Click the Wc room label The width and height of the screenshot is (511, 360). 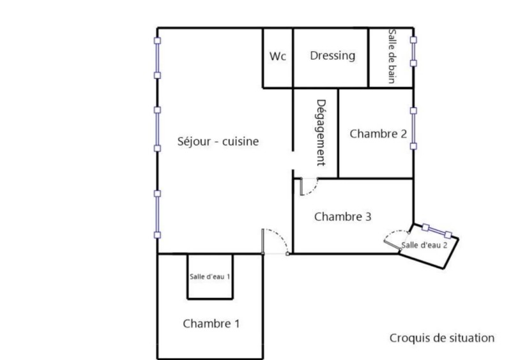tap(278, 56)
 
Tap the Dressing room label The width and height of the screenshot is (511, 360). tap(332, 56)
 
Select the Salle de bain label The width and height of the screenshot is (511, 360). tap(392, 56)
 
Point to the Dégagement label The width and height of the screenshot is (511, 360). tap(321, 133)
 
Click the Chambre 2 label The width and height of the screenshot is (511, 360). tap(378, 133)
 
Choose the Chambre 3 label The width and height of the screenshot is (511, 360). tap(342, 216)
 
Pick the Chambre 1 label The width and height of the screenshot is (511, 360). tap(211, 324)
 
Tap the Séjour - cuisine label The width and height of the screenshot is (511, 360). tap(218, 142)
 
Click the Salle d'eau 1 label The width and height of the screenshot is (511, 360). tap(210, 276)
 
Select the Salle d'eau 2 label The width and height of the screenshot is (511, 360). tap(424, 245)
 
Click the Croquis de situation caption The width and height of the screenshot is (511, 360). tap(442, 338)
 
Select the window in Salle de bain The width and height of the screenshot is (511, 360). tap(413, 52)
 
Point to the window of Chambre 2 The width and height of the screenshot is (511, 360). tap(413, 128)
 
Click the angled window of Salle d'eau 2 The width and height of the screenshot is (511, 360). tap(437, 231)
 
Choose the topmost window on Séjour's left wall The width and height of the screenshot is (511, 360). tap(157, 58)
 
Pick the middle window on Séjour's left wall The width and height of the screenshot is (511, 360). tap(157, 129)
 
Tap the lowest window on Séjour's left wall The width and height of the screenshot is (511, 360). tap(157, 214)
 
